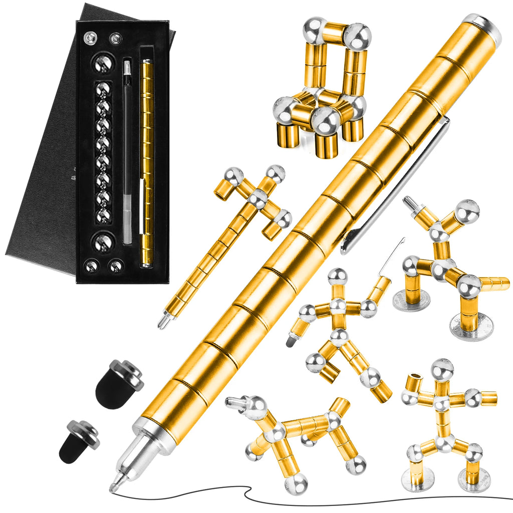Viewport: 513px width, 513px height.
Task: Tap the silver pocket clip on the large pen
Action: coord(396,185)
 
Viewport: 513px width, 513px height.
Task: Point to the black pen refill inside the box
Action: coord(128,150)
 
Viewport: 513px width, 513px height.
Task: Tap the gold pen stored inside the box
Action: coord(147,160)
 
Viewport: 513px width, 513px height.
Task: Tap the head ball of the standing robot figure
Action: coord(442,370)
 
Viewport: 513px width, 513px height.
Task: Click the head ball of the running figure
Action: coord(338,277)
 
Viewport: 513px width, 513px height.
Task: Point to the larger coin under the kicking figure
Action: coord(471,327)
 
